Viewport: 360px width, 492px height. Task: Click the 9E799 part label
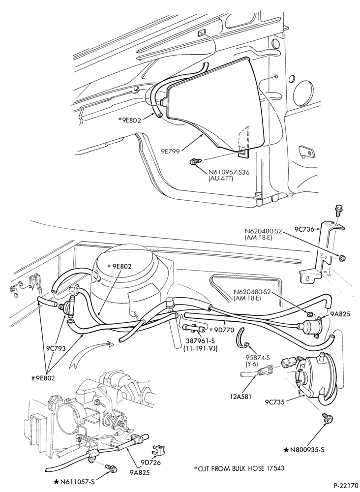pyautogui.click(x=170, y=151)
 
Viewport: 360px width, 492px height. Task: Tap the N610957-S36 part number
pyautogui.click(x=229, y=173)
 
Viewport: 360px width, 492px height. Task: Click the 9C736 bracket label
pyautogui.click(x=304, y=229)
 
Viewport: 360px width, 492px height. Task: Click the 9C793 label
pyautogui.click(x=56, y=348)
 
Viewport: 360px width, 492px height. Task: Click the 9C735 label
pyautogui.click(x=275, y=401)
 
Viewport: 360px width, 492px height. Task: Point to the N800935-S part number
pyautogui.click(x=307, y=450)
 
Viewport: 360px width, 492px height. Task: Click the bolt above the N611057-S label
pyautogui.click(x=111, y=468)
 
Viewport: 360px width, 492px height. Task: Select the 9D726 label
pyautogui.click(x=151, y=462)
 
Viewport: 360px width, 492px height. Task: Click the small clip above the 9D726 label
pyautogui.click(x=157, y=451)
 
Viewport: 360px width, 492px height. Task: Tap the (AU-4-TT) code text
pyautogui.click(x=221, y=179)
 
